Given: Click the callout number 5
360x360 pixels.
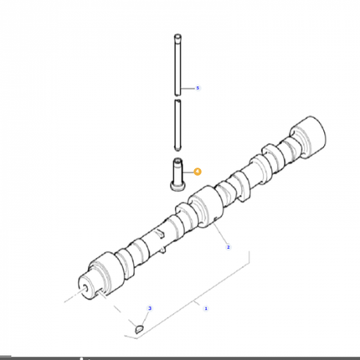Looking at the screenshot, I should click(x=198, y=87).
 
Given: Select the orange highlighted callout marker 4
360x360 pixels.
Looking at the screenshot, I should click(x=198, y=170).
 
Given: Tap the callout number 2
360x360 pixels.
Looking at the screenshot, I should click(x=227, y=248).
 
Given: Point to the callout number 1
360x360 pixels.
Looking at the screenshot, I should click(x=206, y=308).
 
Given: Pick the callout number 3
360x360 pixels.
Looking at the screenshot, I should click(x=149, y=309).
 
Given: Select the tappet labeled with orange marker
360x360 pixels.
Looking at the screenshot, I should click(x=177, y=174).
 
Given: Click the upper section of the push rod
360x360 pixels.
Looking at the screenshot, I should click(x=177, y=64).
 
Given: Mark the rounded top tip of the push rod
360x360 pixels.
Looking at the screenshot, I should click(x=177, y=34).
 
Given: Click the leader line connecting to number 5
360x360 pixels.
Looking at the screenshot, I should click(x=188, y=87).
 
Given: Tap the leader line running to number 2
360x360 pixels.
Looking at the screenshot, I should click(x=219, y=238).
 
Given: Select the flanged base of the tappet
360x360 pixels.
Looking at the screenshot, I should click(x=177, y=188).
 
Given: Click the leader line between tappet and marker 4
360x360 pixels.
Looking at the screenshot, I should click(x=188, y=171).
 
